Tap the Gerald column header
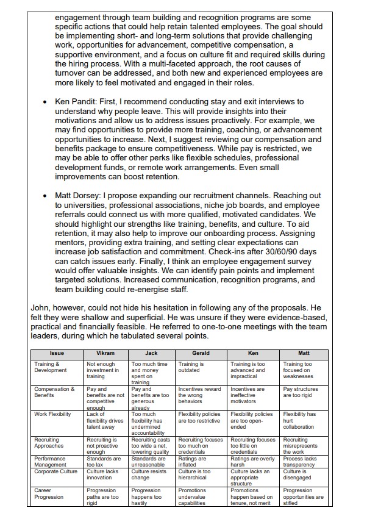[201, 353]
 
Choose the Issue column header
[57, 353]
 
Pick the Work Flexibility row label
[53, 414]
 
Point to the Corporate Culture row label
[54, 471]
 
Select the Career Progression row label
[48, 493]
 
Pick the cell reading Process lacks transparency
[300, 462]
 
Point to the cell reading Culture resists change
[149, 474]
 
